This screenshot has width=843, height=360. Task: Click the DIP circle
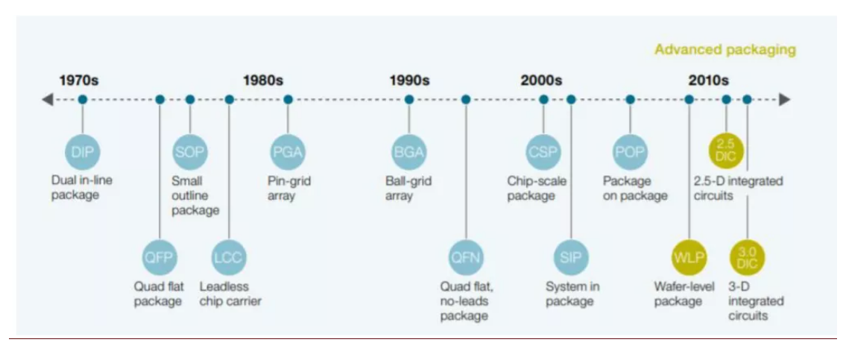coord(81,152)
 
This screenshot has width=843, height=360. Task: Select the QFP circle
coord(160,258)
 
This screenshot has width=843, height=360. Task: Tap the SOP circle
coord(190,152)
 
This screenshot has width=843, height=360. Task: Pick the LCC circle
coord(229,258)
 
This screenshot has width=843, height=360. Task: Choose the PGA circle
coord(288,152)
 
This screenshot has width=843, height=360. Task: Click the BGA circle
coord(408,152)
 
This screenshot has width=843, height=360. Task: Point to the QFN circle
coord(466,258)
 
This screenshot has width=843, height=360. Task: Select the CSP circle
coord(543,152)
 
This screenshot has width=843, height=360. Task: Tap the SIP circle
coord(571,258)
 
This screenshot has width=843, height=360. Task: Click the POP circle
coord(630,152)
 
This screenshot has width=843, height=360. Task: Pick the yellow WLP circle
coord(689,258)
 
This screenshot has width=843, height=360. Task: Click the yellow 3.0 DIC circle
coord(747,258)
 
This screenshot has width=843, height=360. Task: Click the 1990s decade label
coord(409,80)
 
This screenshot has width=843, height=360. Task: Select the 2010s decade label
coord(708,80)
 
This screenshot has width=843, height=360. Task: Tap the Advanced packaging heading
coord(724,50)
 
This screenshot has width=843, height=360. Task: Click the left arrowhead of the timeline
coord(48,99)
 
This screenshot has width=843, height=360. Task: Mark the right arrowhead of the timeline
coord(784,99)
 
